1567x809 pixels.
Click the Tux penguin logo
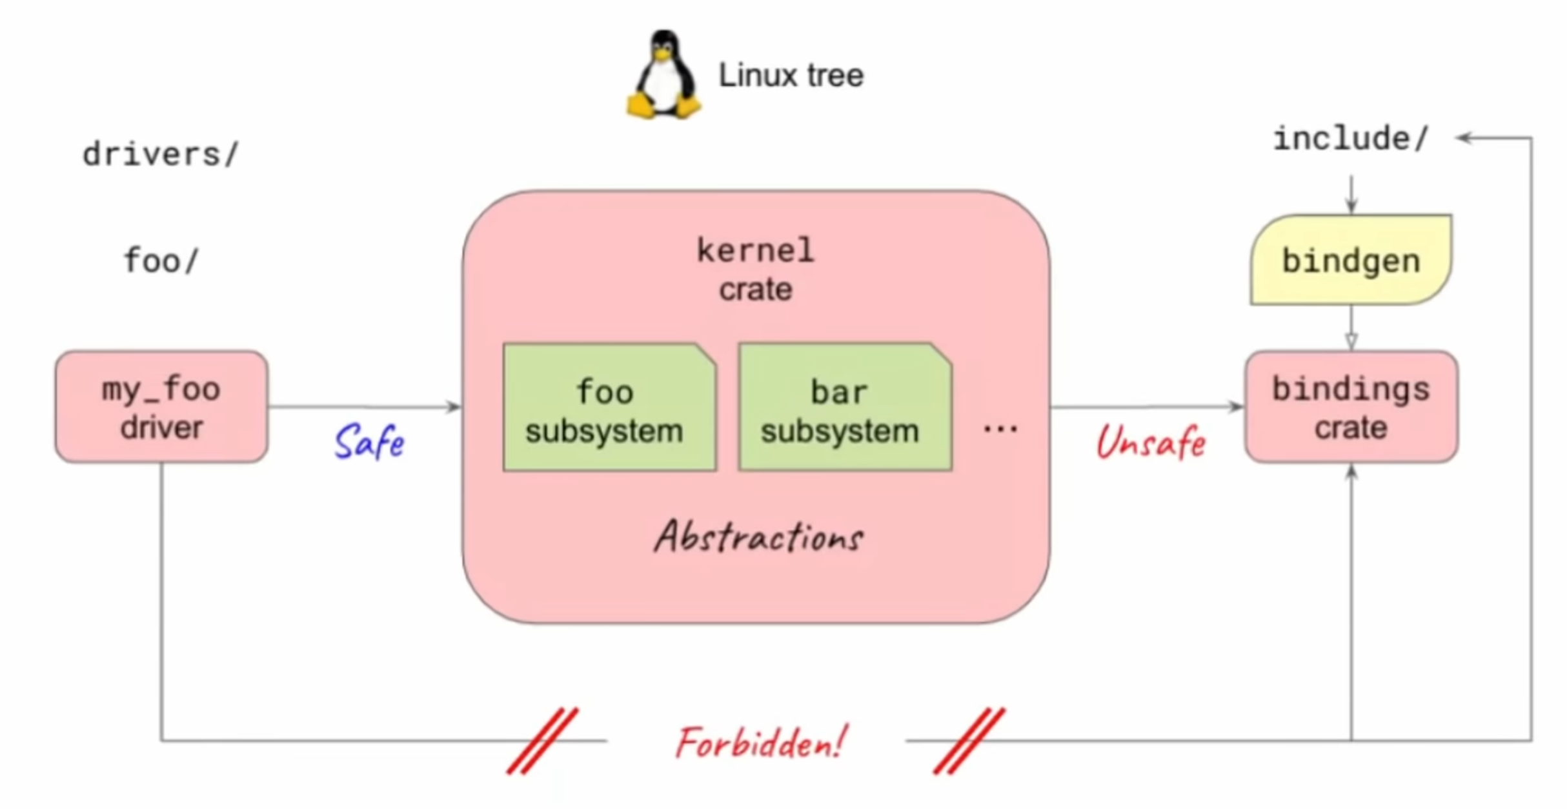(x=664, y=75)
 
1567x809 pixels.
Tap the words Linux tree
(x=791, y=75)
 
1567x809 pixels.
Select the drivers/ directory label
(x=161, y=154)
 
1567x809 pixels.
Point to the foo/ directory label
(x=161, y=261)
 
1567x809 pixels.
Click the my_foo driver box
(x=161, y=407)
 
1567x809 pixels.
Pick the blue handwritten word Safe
(x=370, y=442)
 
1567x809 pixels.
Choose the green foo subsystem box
(x=609, y=408)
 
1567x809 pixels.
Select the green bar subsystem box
(x=845, y=408)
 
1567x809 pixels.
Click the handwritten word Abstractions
(x=759, y=537)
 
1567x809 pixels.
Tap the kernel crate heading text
(x=756, y=269)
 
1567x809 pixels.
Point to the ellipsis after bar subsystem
(x=1000, y=428)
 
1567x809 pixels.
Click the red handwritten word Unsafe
(x=1151, y=443)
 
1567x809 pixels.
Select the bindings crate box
(x=1351, y=407)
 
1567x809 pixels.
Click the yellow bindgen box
(x=1351, y=261)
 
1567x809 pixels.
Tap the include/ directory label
(x=1351, y=139)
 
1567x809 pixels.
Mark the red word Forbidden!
(x=760, y=743)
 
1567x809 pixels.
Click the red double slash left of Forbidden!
(x=543, y=741)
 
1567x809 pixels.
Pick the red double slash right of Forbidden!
(x=969, y=741)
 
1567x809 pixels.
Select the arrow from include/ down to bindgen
(x=1351, y=194)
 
